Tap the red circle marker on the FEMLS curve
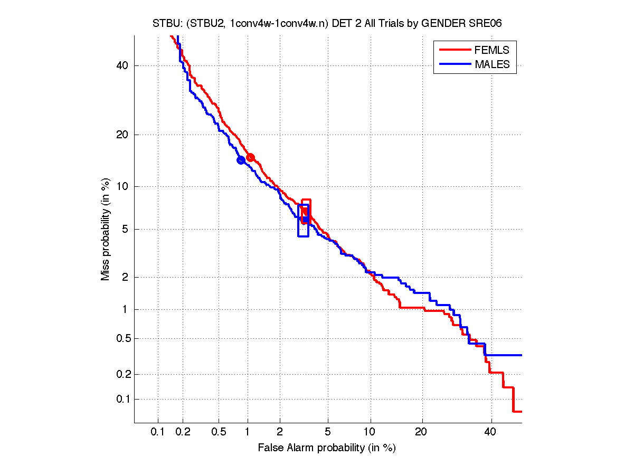point(251,157)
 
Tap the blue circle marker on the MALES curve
point(241,160)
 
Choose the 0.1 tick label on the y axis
point(121,399)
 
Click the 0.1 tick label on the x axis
point(158,432)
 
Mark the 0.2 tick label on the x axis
point(183,432)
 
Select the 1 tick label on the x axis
point(248,432)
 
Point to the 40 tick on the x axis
point(491,432)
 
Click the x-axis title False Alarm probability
point(327,448)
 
